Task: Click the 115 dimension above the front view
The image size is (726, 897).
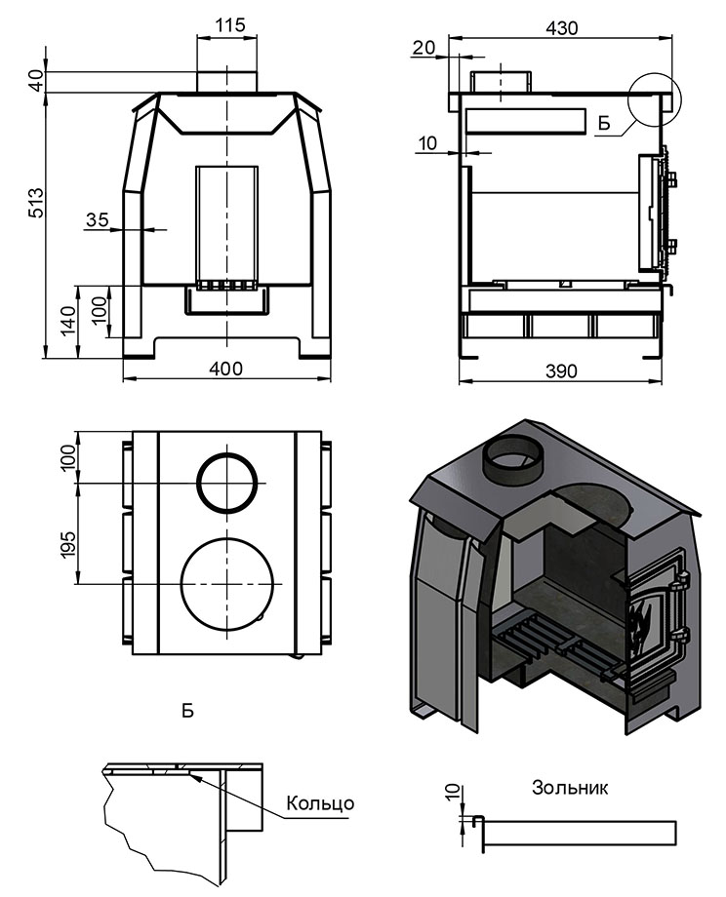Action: (x=227, y=23)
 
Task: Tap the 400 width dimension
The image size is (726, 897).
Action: (x=226, y=368)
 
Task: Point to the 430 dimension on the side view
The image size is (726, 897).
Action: (x=561, y=28)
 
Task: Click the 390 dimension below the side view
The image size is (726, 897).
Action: (x=560, y=371)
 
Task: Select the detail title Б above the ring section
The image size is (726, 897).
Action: (x=187, y=711)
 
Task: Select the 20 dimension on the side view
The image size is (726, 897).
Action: (x=423, y=48)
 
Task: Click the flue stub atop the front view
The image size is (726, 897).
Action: (x=227, y=82)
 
